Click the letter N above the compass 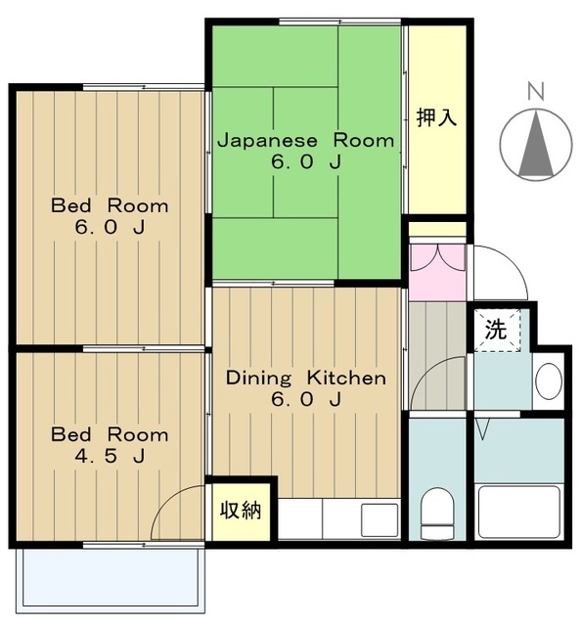pyautogui.click(x=535, y=92)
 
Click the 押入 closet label pyautogui.click(x=436, y=118)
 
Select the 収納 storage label pyautogui.click(x=240, y=510)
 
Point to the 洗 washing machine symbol pyautogui.click(x=497, y=330)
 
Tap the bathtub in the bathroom pyautogui.click(x=518, y=511)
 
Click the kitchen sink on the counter pyautogui.click(x=380, y=519)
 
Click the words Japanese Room pyautogui.click(x=305, y=140)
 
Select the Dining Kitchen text pyautogui.click(x=305, y=378)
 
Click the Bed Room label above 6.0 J pyautogui.click(x=110, y=206)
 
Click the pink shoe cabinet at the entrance pyautogui.click(x=437, y=271)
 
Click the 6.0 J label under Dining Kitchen pyautogui.click(x=305, y=400)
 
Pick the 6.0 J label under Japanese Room pyautogui.click(x=305, y=162)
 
